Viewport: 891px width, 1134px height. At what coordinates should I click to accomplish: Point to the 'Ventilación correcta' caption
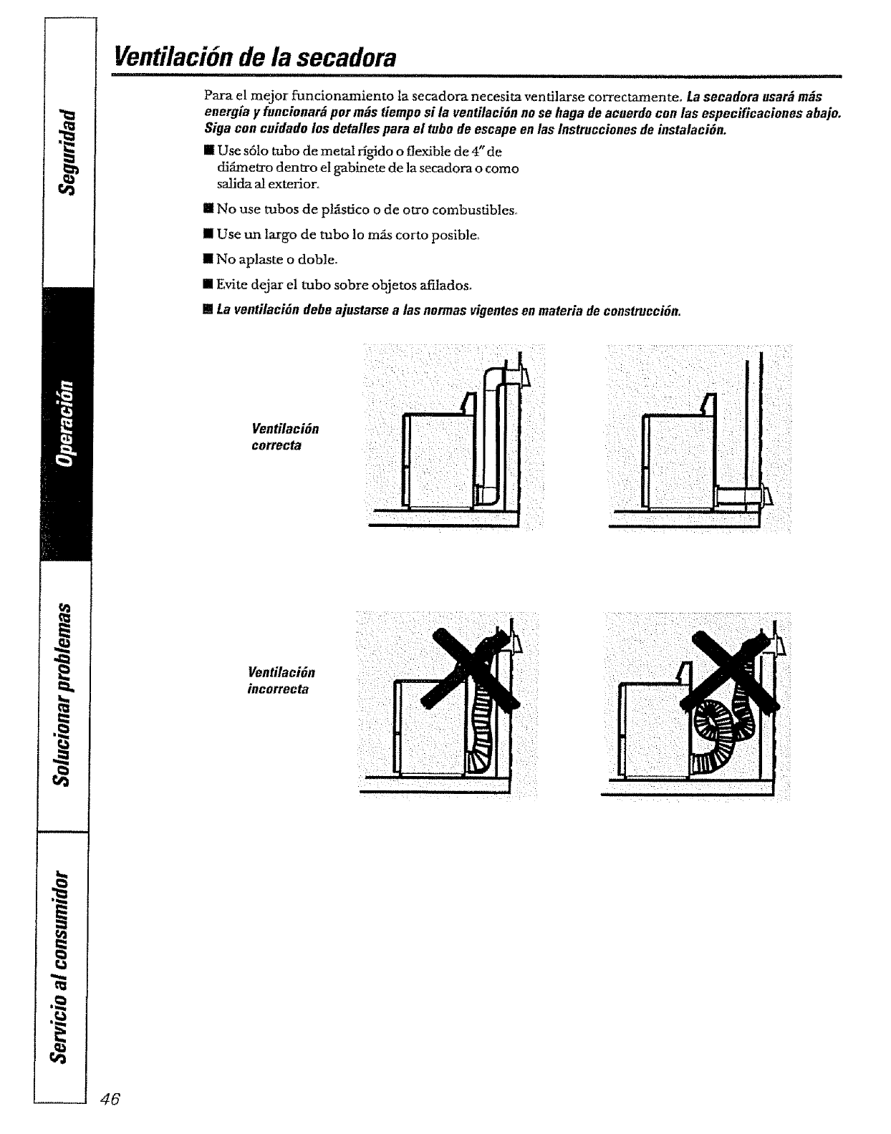284,437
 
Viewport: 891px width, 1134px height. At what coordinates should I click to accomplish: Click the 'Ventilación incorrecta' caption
281,681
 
